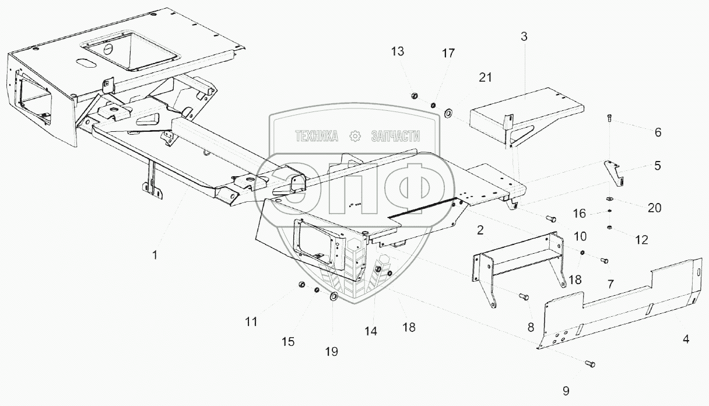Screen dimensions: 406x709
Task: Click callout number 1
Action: tap(155, 255)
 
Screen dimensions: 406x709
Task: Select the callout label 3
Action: tap(524, 36)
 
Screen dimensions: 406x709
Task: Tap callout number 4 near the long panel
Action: tap(686, 338)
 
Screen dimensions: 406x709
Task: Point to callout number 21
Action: tap(486, 78)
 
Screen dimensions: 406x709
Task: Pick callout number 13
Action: tap(397, 52)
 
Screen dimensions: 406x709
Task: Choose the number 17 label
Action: tap(448, 54)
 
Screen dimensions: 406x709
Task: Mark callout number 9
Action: tap(566, 390)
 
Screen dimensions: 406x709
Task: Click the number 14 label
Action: tap(371, 331)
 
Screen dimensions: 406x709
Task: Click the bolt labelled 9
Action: tap(591, 364)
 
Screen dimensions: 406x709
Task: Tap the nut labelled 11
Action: tap(302, 284)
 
